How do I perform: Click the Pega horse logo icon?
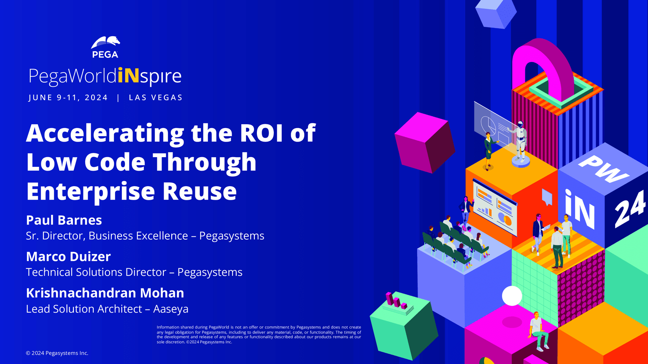[105, 43]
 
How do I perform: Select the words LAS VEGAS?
[156, 98]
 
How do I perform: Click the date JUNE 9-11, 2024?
[68, 98]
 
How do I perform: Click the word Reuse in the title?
[200, 191]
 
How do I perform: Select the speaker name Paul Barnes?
[64, 220]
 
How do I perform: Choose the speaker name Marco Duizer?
[68, 257]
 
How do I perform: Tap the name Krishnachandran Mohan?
[105, 293]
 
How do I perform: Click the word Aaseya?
[171, 309]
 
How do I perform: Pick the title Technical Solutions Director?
[96, 272]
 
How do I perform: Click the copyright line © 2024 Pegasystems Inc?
[57, 353]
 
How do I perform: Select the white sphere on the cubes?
[512, 295]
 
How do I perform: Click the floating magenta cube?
[424, 142]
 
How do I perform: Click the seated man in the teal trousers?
[537, 331]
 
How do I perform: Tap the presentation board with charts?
[494, 206]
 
